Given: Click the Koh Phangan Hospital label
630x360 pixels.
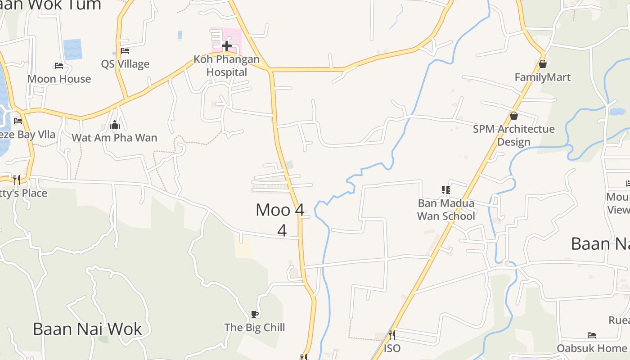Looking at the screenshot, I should tap(226, 66).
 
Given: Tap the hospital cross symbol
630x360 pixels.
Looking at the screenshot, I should tap(227, 45).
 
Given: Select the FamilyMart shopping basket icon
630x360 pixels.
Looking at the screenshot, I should tap(543, 64).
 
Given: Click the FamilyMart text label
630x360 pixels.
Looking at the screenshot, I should tap(542, 77).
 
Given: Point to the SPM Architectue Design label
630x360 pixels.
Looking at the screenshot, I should tap(513, 135).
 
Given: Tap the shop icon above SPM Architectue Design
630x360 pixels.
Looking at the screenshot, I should tap(514, 116).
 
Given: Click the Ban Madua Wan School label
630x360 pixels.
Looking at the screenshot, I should tap(446, 210).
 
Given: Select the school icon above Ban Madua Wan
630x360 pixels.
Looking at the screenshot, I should tap(446, 190).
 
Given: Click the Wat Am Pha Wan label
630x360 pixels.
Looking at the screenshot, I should tap(114, 138).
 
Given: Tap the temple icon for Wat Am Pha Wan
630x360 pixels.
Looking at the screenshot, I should tap(114, 125).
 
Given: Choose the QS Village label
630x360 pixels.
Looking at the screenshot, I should tap(125, 64).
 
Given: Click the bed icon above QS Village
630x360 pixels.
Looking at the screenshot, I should tap(125, 51).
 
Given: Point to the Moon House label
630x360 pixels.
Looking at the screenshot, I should tap(59, 79).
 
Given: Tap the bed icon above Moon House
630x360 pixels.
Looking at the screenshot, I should tap(59, 66).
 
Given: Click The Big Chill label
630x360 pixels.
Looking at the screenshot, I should tap(255, 328).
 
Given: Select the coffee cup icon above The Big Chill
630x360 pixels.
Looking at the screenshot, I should tap(255, 314).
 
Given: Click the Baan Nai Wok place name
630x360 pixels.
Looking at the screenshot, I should tap(87, 329).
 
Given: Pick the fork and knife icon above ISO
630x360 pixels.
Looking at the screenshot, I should tap(392, 335).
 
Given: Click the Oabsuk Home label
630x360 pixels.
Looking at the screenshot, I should tap(591, 348).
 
